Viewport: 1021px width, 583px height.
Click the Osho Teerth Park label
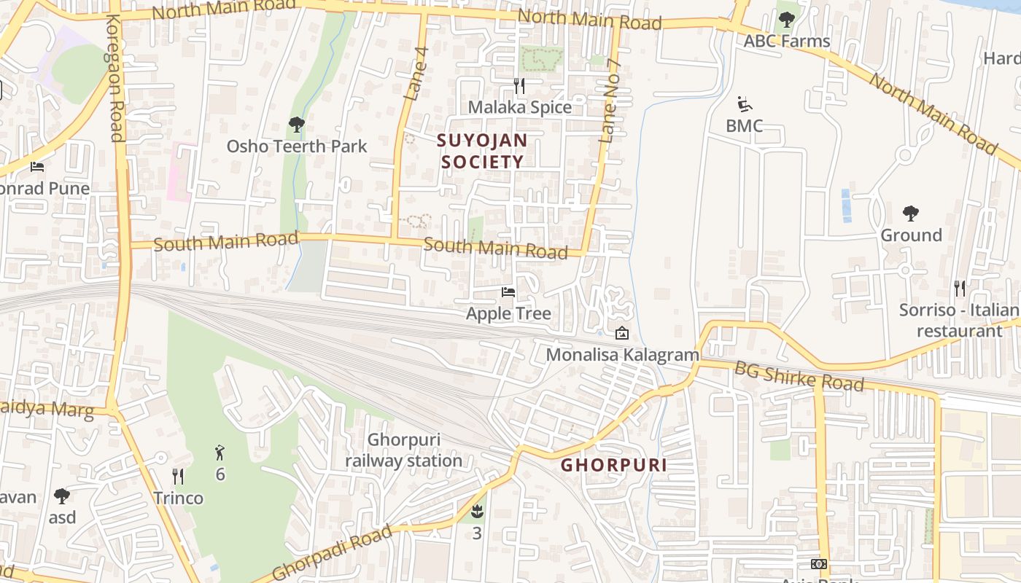pos(297,146)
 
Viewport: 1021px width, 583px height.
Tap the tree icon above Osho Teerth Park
pos(296,125)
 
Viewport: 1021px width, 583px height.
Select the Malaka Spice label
pos(519,107)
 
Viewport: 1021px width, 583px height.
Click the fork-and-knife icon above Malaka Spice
pos(519,86)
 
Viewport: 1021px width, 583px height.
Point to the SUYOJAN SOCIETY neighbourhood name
pos(482,150)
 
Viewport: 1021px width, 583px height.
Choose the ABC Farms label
pos(786,41)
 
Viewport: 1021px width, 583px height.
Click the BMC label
pos(744,126)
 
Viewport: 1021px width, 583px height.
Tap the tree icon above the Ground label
pos(910,214)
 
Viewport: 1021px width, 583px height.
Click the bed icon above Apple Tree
pos(508,292)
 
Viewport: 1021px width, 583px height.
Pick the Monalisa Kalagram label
pos(622,355)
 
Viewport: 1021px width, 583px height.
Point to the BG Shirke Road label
pos(799,376)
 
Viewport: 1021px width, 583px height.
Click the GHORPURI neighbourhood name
pos(613,465)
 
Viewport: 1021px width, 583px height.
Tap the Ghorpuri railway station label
pos(403,450)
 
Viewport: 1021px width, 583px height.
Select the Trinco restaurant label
pos(178,498)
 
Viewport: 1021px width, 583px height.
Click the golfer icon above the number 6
pos(220,453)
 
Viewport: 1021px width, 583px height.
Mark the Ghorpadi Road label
pos(332,554)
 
